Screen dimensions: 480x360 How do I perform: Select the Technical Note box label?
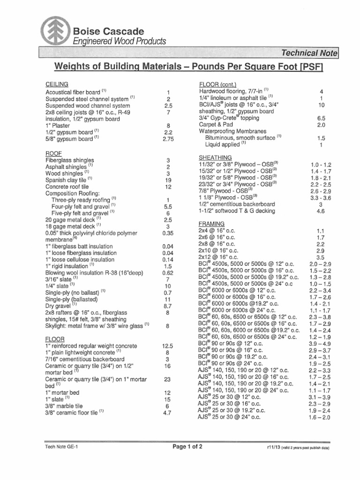click(309, 53)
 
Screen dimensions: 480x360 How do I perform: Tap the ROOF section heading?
click(53, 153)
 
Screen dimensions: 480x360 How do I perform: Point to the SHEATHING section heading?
click(216, 157)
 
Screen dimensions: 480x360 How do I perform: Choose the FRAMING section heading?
click(212, 224)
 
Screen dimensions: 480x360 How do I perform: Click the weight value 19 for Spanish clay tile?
click(168, 180)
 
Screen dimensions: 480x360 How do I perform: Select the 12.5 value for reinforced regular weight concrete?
click(168, 346)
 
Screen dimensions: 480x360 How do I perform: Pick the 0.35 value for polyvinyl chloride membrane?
click(168, 232)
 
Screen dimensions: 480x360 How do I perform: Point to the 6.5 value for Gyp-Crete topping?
click(321, 119)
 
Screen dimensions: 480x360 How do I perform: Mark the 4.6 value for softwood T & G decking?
click(321, 211)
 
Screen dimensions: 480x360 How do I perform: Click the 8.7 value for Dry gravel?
click(168, 305)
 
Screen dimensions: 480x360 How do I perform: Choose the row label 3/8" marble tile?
click(64, 406)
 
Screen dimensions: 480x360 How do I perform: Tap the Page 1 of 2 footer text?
click(187, 447)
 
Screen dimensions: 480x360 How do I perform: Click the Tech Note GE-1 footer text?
click(61, 447)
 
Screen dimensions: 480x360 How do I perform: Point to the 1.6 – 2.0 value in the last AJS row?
click(320, 417)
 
